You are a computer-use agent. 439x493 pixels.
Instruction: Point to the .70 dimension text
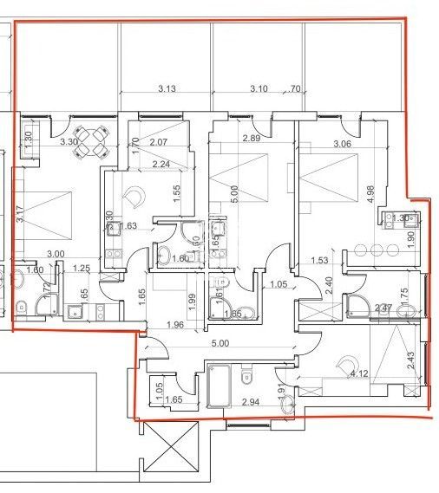pyautogui.click(x=293, y=88)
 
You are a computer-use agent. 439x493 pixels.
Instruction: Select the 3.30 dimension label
pyautogui.click(x=69, y=141)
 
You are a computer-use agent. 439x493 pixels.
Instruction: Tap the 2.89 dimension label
pyautogui.click(x=252, y=139)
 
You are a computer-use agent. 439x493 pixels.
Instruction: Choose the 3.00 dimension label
pyautogui.click(x=56, y=253)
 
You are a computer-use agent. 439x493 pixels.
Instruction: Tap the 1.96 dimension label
pyautogui.click(x=175, y=325)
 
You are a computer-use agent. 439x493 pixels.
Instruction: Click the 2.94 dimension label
pyautogui.click(x=252, y=403)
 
